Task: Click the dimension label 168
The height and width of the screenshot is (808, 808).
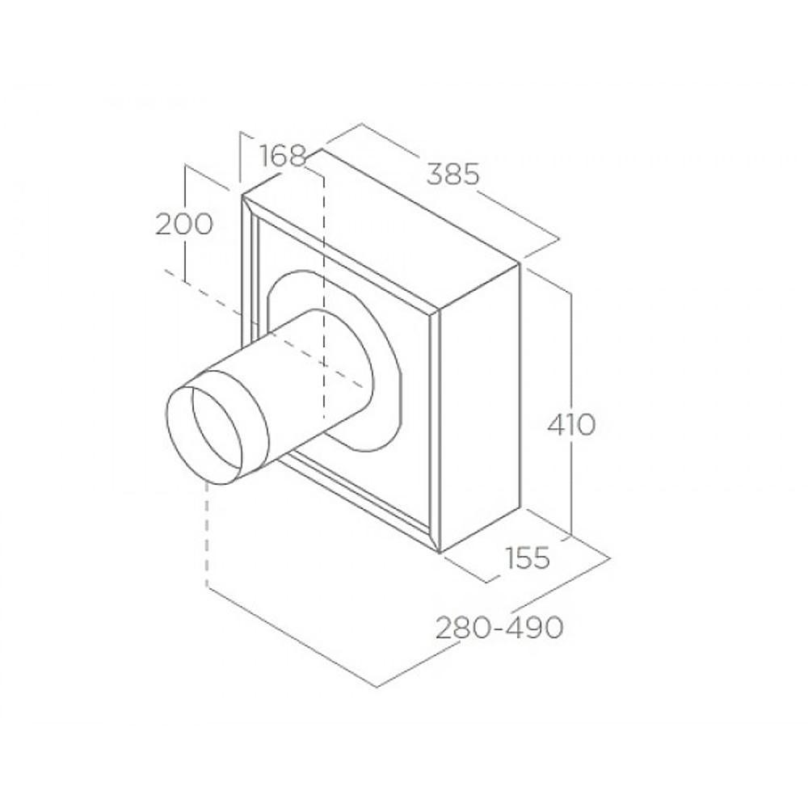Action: (283, 156)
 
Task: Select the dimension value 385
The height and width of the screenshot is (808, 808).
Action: (453, 175)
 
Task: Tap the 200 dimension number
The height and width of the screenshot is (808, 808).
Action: (184, 224)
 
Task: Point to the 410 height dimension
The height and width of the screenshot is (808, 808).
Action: (571, 426)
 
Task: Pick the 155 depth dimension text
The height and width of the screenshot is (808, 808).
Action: (527, 558)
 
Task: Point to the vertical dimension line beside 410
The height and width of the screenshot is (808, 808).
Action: (571, 413)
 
